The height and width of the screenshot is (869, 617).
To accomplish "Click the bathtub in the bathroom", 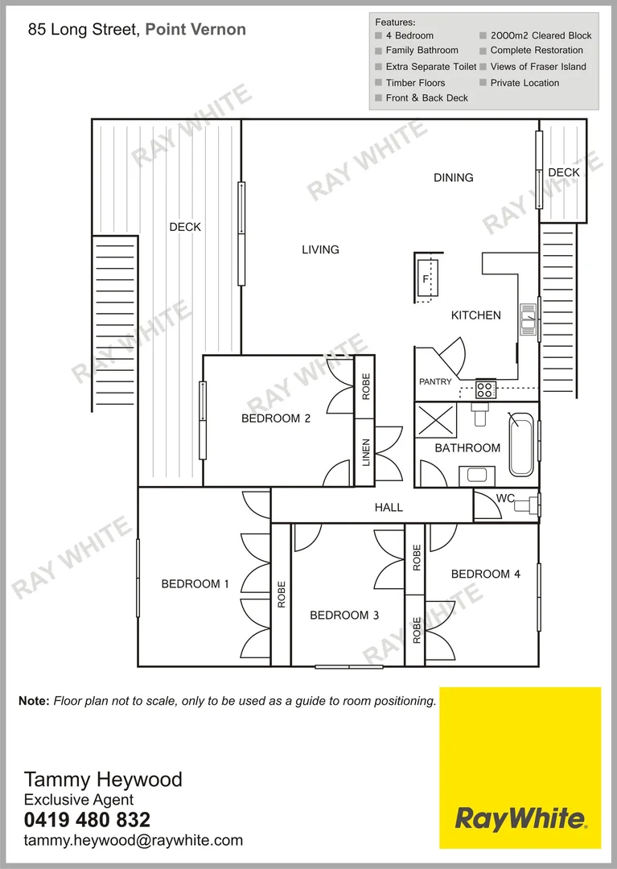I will coord(520,443).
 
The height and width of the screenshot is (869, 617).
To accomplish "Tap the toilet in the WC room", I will coord(527,506).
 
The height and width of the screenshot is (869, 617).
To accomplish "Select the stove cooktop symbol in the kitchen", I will coord(485,390).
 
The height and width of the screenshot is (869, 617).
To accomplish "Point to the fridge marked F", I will coord(427,278).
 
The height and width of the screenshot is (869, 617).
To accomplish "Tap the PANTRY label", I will coord(435,381).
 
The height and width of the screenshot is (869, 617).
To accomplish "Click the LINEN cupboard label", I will coord(365,453).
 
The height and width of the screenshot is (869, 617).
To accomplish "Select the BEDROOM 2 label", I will coord(276,418).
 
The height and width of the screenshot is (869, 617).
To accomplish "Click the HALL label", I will coord(389,508).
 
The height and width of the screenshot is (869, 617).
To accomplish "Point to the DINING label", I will coord(454,178).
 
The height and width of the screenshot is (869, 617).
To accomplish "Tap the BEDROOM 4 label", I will coord(485,574).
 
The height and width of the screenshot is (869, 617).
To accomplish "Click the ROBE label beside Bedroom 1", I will coord(281,594).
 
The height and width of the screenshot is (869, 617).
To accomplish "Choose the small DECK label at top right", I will coord(564,172).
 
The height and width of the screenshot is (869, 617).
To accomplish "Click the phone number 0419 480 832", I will coord(87,820).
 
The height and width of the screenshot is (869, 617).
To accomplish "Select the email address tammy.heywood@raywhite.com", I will coord(134,841).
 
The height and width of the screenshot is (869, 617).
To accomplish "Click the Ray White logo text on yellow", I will coord(520,819).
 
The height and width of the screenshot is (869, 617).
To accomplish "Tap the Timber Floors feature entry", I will coord(415,83).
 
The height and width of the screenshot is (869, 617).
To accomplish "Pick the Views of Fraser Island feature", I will coord(537,67).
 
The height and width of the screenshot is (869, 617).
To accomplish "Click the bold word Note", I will coord(34,701).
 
